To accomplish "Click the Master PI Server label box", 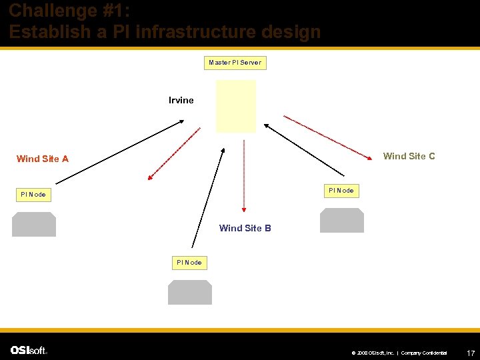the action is pos(235,63).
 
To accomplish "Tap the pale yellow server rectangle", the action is pos(235,107).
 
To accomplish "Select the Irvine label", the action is pos(181,101).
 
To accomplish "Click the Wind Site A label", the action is pos(43,159).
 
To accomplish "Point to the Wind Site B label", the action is pos(245,228).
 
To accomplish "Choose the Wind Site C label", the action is pos(409,156).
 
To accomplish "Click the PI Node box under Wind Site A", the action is pos(33,195).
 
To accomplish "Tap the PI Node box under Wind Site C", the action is pos(341,191).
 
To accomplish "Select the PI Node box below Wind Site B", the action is pos(189,263).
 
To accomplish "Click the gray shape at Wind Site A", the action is pos(34,225).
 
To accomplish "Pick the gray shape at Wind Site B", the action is pos(190,292).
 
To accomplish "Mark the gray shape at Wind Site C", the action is pos(342,220).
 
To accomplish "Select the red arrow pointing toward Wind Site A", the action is pos(174,153).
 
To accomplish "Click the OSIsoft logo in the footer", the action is pos(29,350).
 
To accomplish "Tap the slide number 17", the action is pos(470,352).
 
